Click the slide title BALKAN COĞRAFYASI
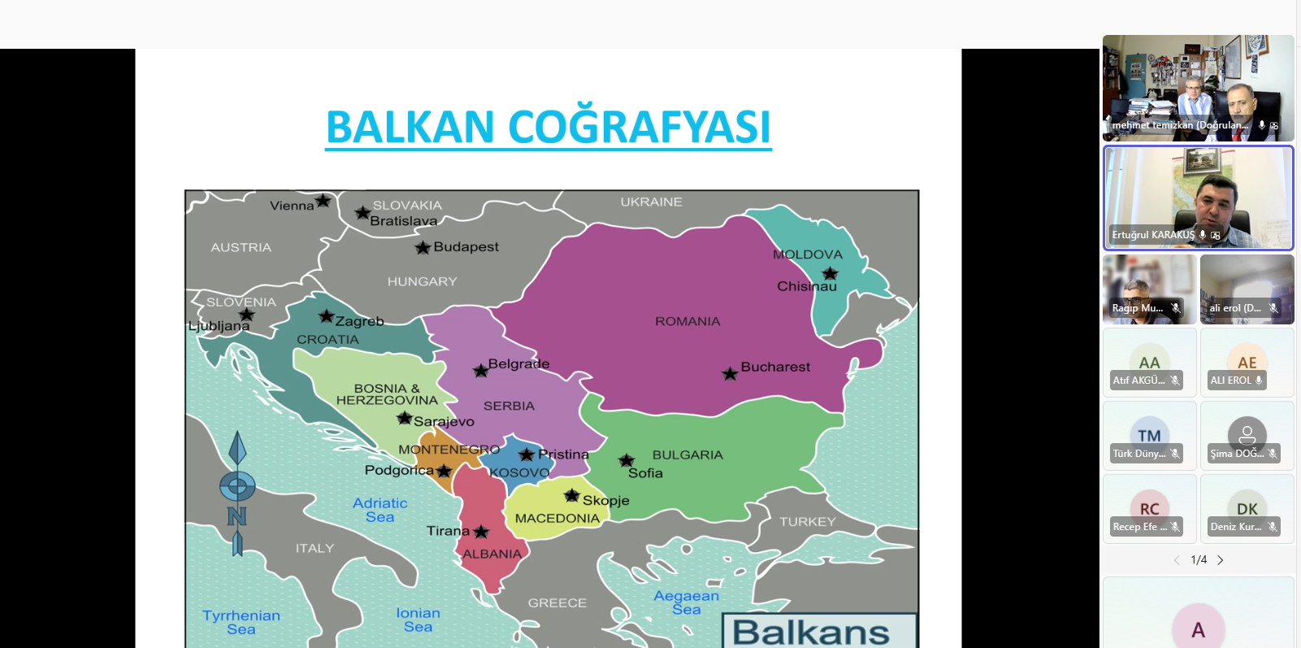549,127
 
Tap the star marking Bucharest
730,374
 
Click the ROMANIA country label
687,321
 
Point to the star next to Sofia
627,461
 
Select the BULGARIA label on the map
687,454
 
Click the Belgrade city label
518,363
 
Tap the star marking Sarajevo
405,419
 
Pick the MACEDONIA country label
557,518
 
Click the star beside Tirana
481,532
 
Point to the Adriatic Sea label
379,510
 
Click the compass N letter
236,516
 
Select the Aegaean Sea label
687,602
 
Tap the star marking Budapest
423,248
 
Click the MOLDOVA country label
808,254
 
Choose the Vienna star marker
323,201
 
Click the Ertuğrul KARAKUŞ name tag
1153,235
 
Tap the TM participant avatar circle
1149,435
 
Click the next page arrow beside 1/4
1221,560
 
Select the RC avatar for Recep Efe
1149,508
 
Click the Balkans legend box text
811,632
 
